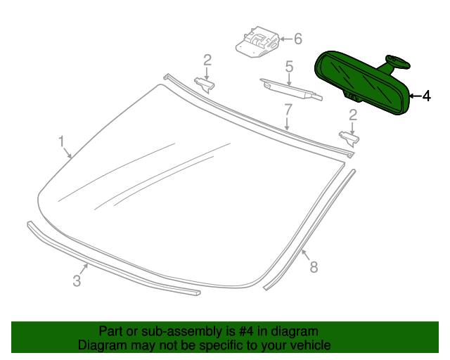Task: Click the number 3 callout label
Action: (x=77, y=281)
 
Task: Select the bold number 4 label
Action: (x=425, y=96)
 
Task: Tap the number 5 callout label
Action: (x=289, y=67)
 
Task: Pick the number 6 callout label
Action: (x=297, y=38)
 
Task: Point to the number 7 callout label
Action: (x=288, y=110)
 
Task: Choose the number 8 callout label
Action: (x=314, y=266)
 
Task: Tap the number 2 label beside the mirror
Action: (x=353, y=114)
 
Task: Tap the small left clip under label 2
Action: (x=204, y=84)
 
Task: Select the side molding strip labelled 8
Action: (x=309, y=225)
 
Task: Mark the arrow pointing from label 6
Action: (x=281, y=39)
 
